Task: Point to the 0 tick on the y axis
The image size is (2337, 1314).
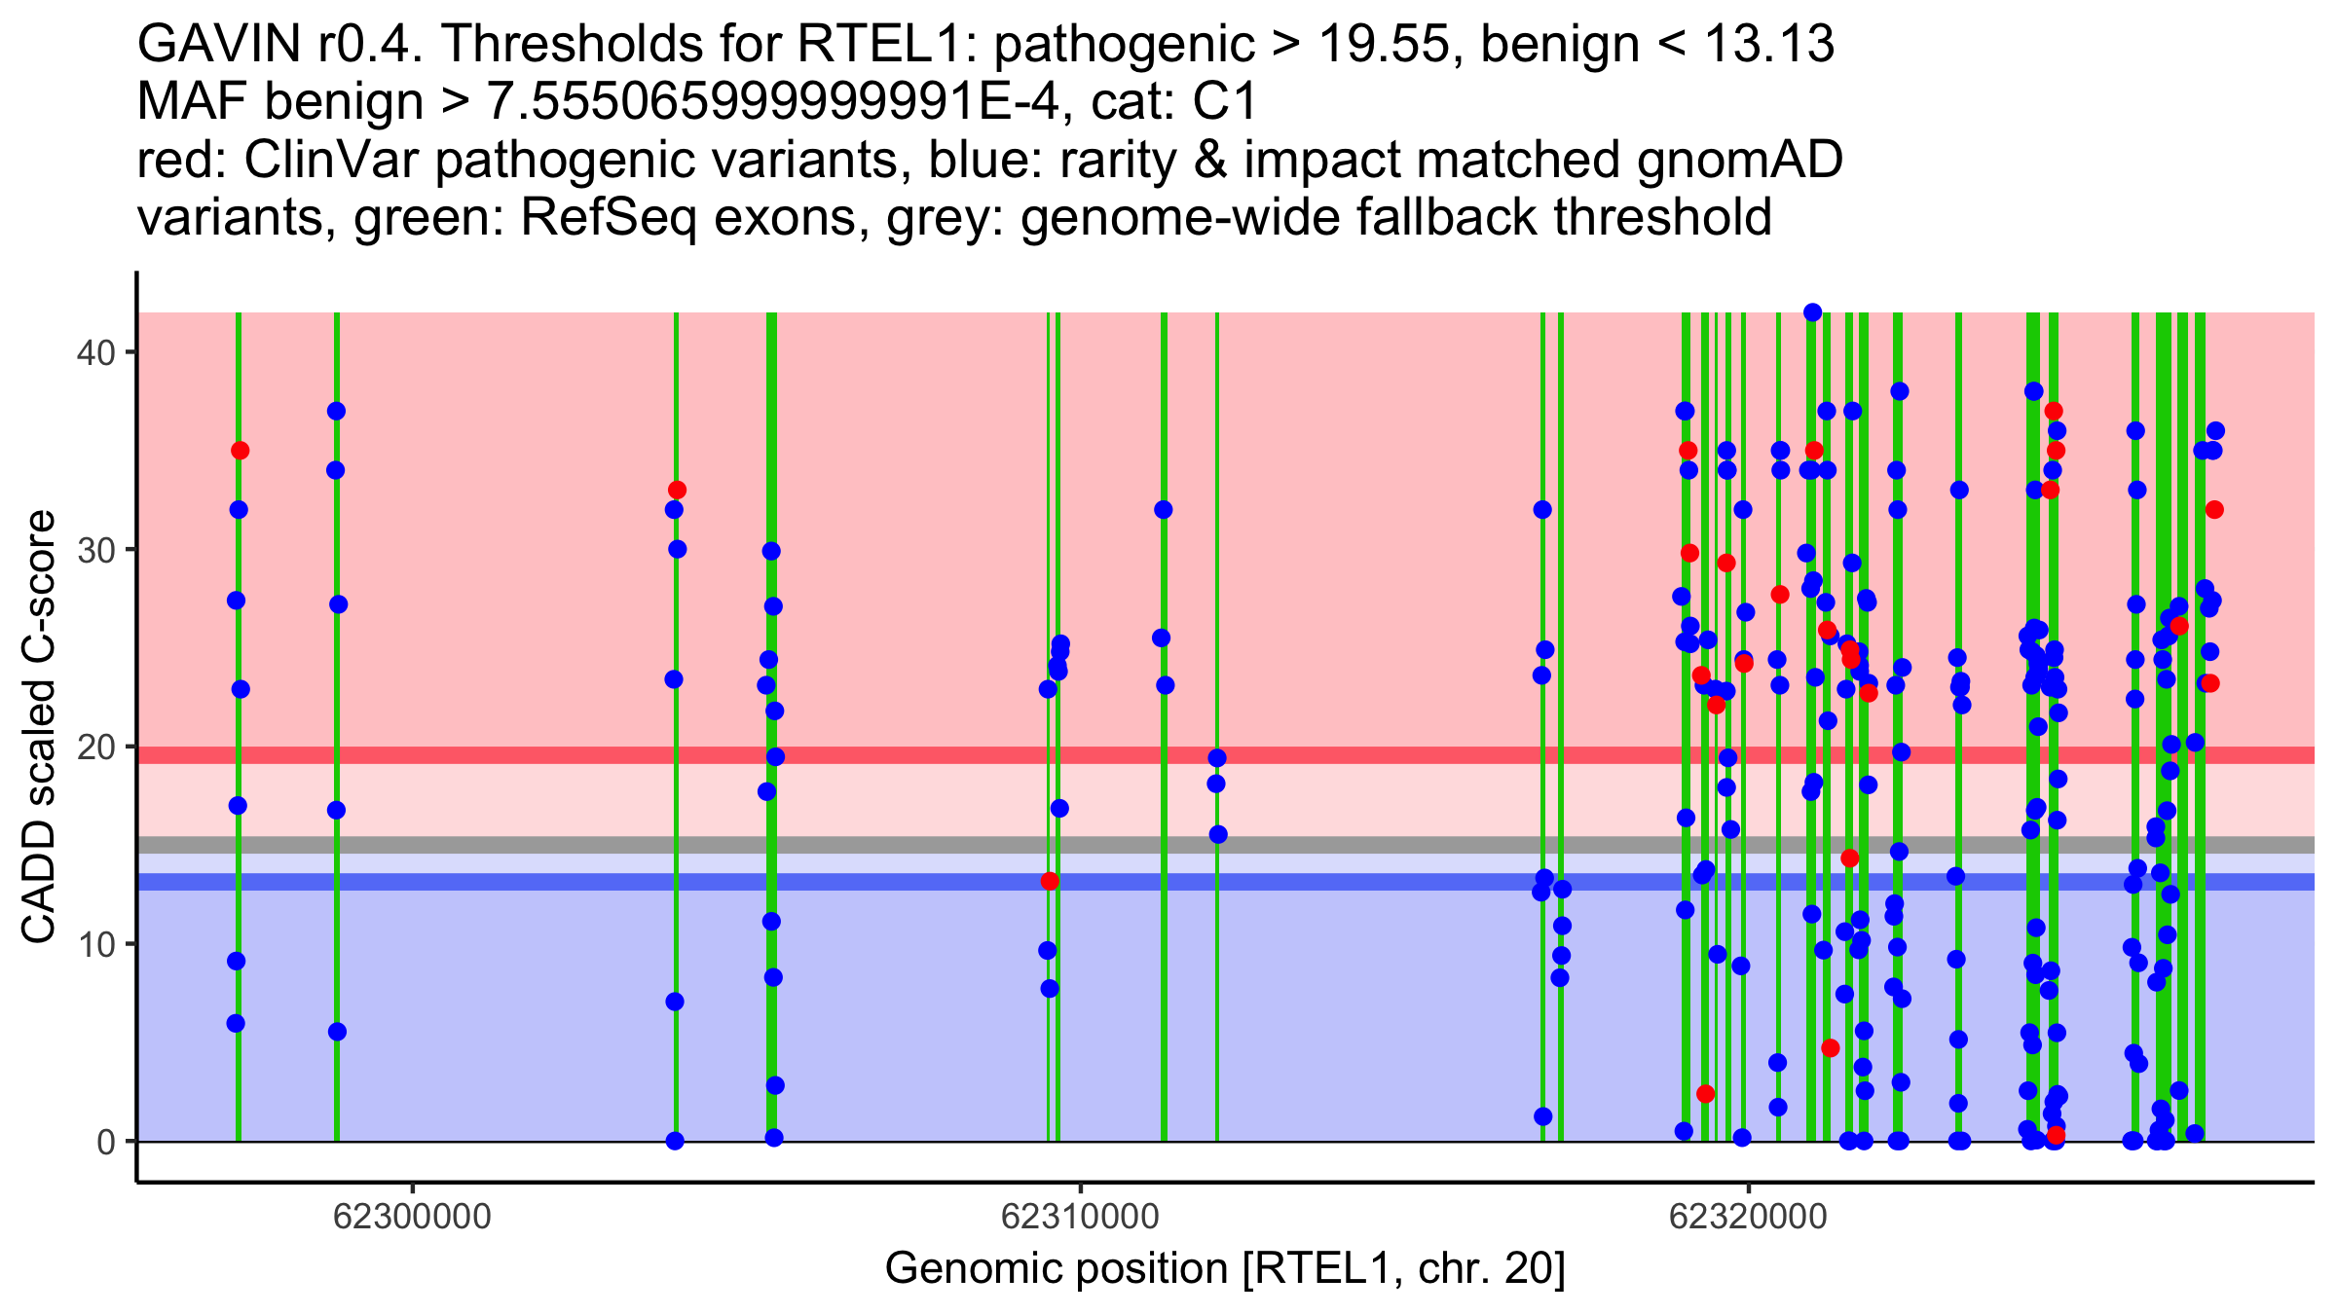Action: click(105, 1142)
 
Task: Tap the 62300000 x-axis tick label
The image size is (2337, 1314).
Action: click(413, 1217)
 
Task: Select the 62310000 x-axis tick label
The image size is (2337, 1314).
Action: click(1080, 1217)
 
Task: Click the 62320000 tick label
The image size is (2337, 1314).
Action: click(1748, 1217)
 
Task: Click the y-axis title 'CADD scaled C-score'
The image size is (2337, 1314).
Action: click(39, 727)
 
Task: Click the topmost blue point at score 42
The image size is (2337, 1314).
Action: click(1812, 312)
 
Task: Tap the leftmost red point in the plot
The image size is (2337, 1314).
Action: click(240, 451)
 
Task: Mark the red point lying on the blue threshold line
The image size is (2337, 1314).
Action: click(1050, 881)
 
